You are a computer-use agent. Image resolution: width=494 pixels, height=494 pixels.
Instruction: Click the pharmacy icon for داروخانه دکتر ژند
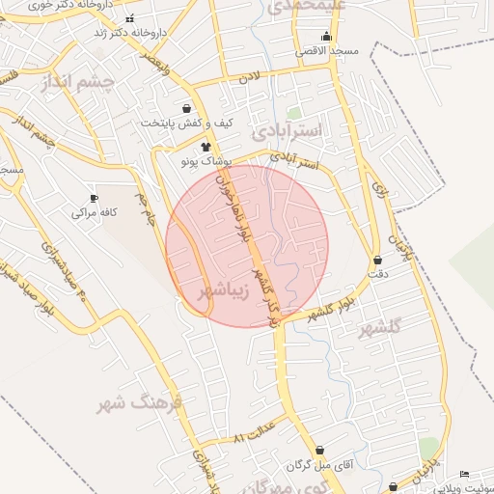coord(130,18)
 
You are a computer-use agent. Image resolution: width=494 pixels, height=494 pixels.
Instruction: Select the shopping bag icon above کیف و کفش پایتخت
coord(186,108)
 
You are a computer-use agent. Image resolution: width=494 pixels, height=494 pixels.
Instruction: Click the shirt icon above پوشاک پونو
coord(205,147)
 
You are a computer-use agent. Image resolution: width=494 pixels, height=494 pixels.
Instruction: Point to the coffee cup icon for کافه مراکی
coord(94,197)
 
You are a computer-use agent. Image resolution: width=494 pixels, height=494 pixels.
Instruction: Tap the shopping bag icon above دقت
coord(376,260)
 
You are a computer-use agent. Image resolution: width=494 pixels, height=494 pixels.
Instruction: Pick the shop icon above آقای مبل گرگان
coord(319,450)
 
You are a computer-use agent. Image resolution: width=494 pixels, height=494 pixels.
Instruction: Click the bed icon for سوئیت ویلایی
coord(465,474)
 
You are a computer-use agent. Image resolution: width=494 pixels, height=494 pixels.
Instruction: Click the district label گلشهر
coord(380,329)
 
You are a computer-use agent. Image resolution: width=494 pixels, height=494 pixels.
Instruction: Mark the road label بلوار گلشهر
coord(334,307)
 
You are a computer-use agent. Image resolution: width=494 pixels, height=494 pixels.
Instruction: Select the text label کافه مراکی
coord(95,212)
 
